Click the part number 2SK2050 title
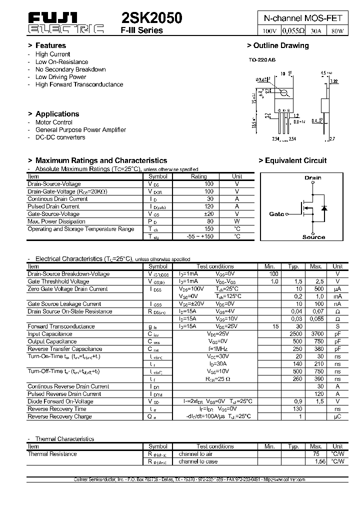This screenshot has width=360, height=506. pyautogui.click(x=152, y=18)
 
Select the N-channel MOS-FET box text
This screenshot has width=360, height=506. pyautogui.click(x=303, y=18)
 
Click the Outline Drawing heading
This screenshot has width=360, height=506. pyautogui.click(x=278, y=45)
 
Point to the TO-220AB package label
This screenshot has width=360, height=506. pyautogui.click(x=262, y=60)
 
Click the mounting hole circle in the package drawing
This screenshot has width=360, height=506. pyautogui.click(x=284, y=92)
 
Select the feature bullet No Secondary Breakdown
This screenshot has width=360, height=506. pyautogui.click(x=70, y=69)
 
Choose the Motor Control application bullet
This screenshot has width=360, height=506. pyautogui.click(x=53, y=122)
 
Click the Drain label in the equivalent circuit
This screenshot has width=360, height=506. pyautogui.click(x=313, y=177)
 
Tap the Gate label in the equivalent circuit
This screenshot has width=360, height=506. pyautogui.click(x=276, y=214)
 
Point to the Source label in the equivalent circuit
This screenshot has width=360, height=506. pyautogui.click(x=313, y=237)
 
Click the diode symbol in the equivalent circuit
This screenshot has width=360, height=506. pyautogui.click(x=324, y=207)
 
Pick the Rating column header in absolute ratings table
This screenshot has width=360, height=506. pyautogui.click(x=199, y=176)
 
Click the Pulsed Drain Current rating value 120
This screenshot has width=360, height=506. pyautogui.click(x=208, y=206)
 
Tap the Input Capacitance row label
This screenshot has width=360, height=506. pyautogui.click(x=50, y=334)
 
